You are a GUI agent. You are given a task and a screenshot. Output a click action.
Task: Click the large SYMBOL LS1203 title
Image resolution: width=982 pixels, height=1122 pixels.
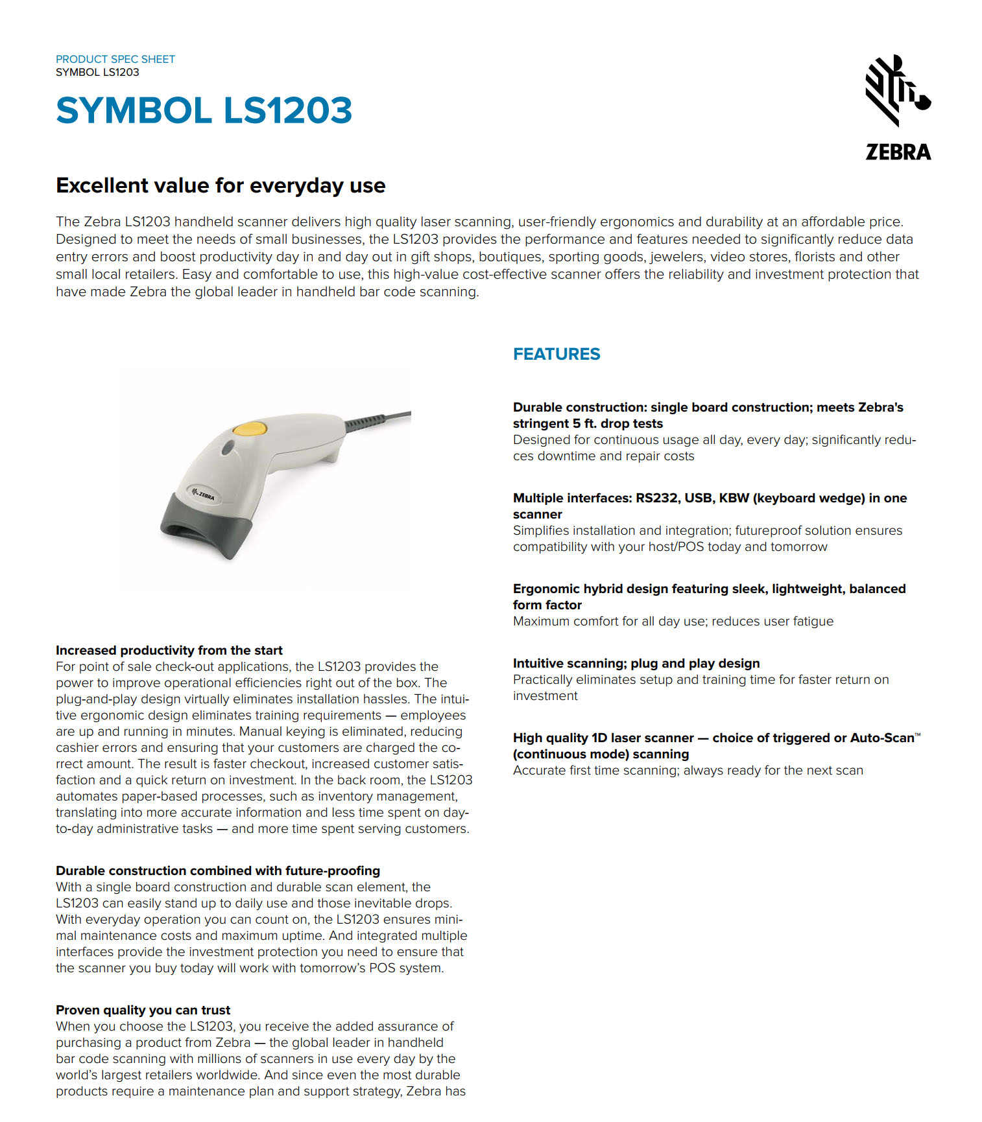(x=204, y=110)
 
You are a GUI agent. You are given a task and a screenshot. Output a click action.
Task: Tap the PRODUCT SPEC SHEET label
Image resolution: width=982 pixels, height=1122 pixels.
(x=115, y=59)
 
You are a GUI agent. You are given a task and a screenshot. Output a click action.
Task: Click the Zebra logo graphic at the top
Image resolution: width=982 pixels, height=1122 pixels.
(x=897, y=90)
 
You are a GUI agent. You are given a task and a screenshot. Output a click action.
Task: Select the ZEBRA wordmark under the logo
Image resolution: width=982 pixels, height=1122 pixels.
(x=898, y=152)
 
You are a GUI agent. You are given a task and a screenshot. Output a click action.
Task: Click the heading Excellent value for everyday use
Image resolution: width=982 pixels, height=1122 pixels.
(x=221, y=186)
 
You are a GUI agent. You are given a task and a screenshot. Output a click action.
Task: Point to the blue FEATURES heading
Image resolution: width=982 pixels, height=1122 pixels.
(x=556, y=354)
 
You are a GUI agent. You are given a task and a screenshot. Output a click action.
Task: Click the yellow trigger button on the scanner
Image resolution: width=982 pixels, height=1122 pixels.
(x=249, y=428)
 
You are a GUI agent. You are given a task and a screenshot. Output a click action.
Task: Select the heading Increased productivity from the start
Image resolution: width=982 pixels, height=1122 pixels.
(x=169, y=650)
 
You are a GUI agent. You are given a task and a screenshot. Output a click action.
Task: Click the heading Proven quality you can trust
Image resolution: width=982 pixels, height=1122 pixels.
(x=143, y=1010)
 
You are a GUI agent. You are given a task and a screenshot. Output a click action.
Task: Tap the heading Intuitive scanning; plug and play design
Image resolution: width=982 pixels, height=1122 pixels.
(x=636, y=663)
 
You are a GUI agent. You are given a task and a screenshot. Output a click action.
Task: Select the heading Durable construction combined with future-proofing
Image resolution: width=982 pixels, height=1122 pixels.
(x=217, y=871)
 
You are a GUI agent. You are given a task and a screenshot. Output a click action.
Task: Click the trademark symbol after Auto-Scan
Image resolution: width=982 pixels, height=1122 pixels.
(x=917, y=735)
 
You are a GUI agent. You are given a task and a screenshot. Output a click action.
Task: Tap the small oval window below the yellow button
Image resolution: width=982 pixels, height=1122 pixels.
(x=228, y=447)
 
